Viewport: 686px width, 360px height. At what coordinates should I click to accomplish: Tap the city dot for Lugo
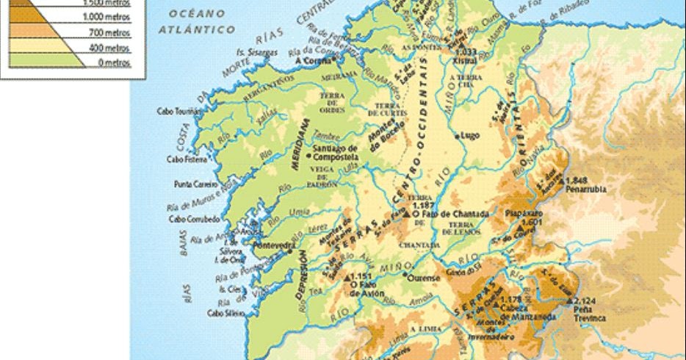457,136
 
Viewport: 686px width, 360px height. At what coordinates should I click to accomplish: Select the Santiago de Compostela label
335,153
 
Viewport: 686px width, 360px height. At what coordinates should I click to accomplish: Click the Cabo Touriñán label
178,112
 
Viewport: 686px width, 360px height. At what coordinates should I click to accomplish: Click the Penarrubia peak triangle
562,179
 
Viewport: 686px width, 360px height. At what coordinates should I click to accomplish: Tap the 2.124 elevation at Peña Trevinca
585,301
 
